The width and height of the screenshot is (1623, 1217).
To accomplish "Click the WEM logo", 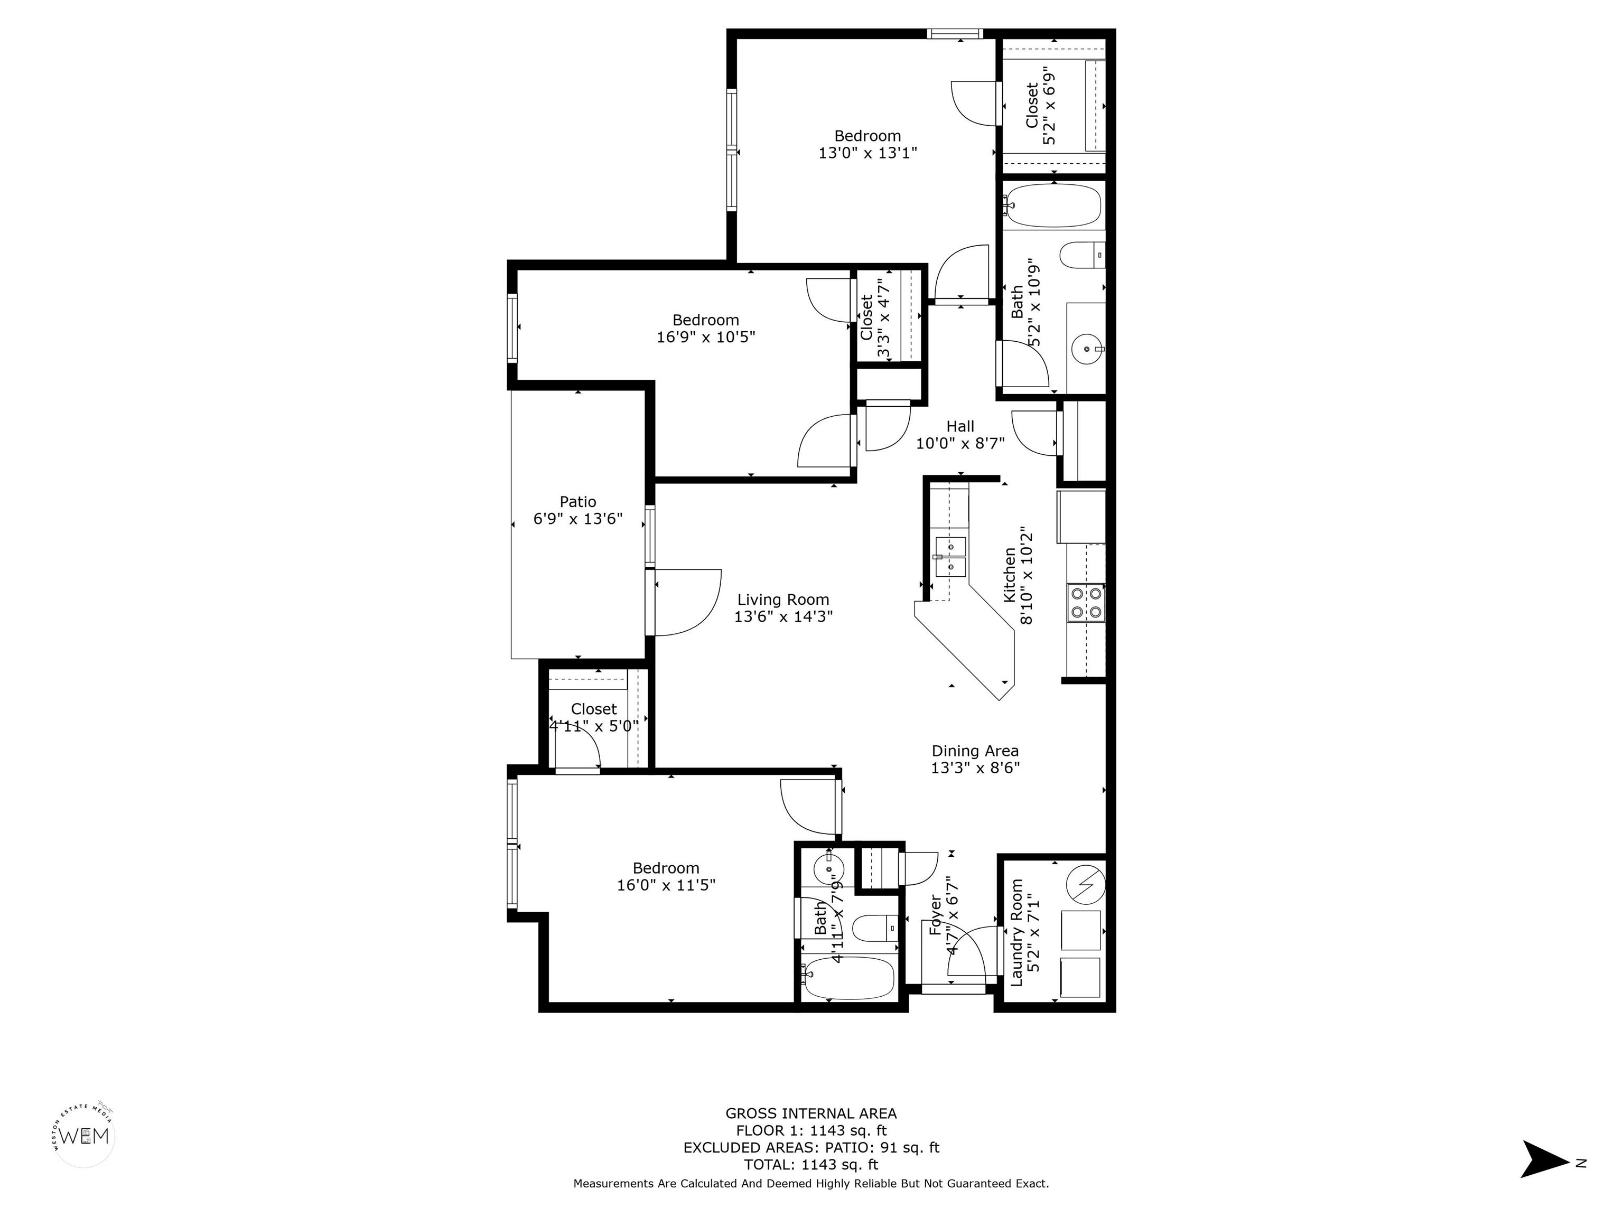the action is [86, 1136].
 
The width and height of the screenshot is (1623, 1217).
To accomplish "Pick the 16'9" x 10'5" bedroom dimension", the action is [706, 336].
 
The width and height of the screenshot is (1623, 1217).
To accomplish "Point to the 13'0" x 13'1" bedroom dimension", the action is [868, 153].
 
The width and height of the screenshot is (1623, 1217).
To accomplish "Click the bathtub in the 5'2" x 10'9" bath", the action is [1053, 205].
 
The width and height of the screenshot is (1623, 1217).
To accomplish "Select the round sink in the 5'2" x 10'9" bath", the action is [1087, 349].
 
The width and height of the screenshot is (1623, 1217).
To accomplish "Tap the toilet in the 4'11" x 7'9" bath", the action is [878, 929].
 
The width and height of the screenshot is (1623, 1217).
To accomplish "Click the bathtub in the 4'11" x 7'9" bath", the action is [849, 978].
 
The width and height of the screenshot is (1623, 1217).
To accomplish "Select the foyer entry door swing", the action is [972, 951].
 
